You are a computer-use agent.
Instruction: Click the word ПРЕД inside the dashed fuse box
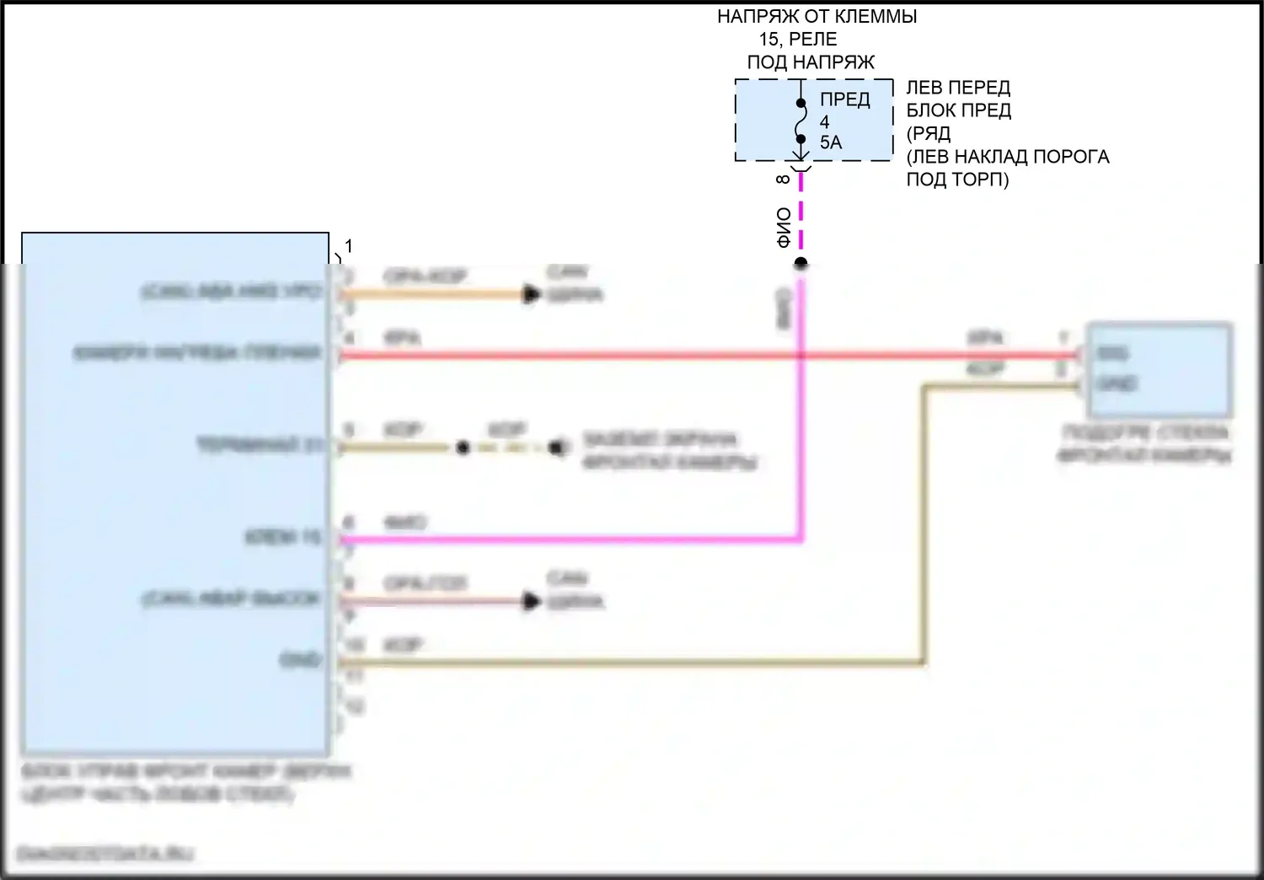844,99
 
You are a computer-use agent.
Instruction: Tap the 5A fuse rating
831,142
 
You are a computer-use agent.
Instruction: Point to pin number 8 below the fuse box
783,180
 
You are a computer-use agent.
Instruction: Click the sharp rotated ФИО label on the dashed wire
784,228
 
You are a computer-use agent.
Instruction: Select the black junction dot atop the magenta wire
801,264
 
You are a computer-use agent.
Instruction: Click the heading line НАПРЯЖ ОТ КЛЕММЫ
817,16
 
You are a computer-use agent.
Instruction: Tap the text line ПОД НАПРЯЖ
811,62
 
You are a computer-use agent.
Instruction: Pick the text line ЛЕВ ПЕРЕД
958,88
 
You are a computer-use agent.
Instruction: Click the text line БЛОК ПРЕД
958,110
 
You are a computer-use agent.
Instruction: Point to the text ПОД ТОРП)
957,180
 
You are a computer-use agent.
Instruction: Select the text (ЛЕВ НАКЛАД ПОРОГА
1007,157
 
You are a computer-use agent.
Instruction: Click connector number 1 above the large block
348,246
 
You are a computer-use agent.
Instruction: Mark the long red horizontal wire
674,356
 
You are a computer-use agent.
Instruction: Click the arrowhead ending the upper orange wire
531,295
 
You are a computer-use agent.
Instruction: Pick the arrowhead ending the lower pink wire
531,602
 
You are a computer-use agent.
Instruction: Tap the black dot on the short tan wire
463,448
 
